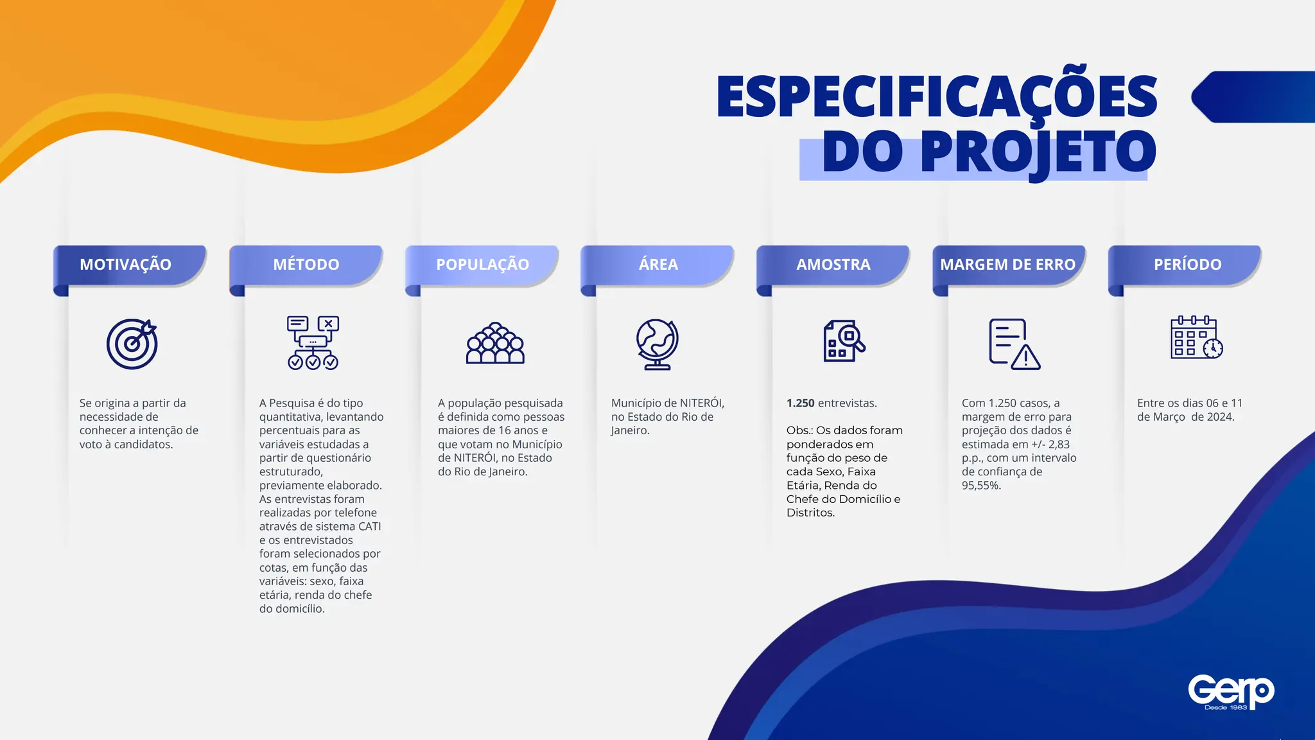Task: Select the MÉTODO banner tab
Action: point(306,265)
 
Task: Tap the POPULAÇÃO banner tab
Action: point(483,265)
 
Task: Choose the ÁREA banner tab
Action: point(658,265)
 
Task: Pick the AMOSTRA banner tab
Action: point(833,265)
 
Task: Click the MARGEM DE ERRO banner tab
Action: point(1007,265)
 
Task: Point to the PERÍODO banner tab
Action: point(1187,265)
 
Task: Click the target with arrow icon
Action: point(132,344)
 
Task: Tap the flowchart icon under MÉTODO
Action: point(313,342)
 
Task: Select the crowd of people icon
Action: point(495,344)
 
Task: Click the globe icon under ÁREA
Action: point(657,344)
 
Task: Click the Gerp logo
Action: point(1230,692)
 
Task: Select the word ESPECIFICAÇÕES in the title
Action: point(937,97)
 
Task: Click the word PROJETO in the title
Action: point(1038,153)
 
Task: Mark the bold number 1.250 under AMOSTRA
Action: point(800,403)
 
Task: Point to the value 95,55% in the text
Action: point(981,486)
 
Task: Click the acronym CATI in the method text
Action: point(370,527)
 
